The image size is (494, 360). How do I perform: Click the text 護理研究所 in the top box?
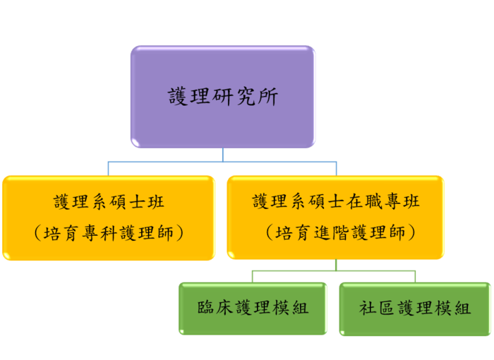(x=222, y=97)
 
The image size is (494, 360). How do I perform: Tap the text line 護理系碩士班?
(x=109, y=202)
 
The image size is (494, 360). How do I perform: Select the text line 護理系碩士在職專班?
(x=336, y=202)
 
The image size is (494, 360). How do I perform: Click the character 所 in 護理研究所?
(x=267, y=97)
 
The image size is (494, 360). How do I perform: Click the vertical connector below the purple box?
(x=223, y=155)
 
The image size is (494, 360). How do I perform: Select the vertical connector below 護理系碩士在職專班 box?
(x=336, y=264)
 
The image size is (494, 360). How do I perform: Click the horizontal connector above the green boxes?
(x=296, y=270)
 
